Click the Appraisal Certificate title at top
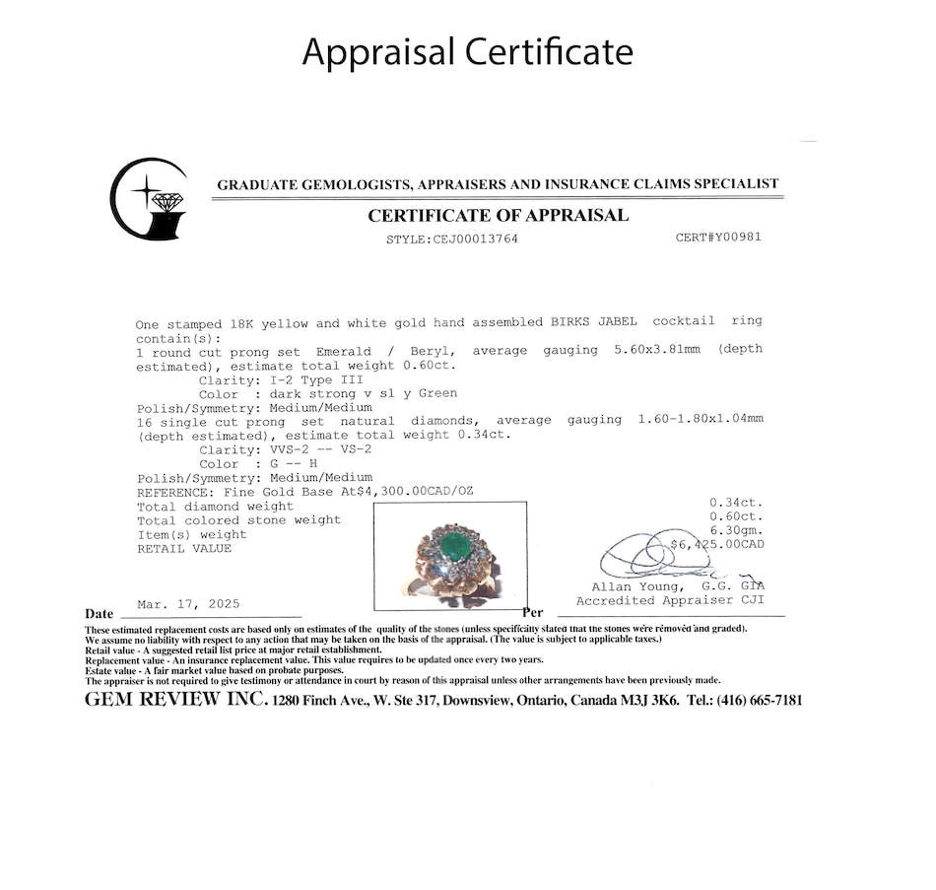(467, 51)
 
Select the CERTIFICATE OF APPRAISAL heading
(498, 216)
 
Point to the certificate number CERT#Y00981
(718, 238)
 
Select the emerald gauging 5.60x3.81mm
(650, 350)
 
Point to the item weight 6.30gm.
(736, 530)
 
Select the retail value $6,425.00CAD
(716, 544)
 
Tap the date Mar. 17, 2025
(188, 604)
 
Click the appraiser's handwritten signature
(650, 558)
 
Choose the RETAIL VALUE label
(184, 548)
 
